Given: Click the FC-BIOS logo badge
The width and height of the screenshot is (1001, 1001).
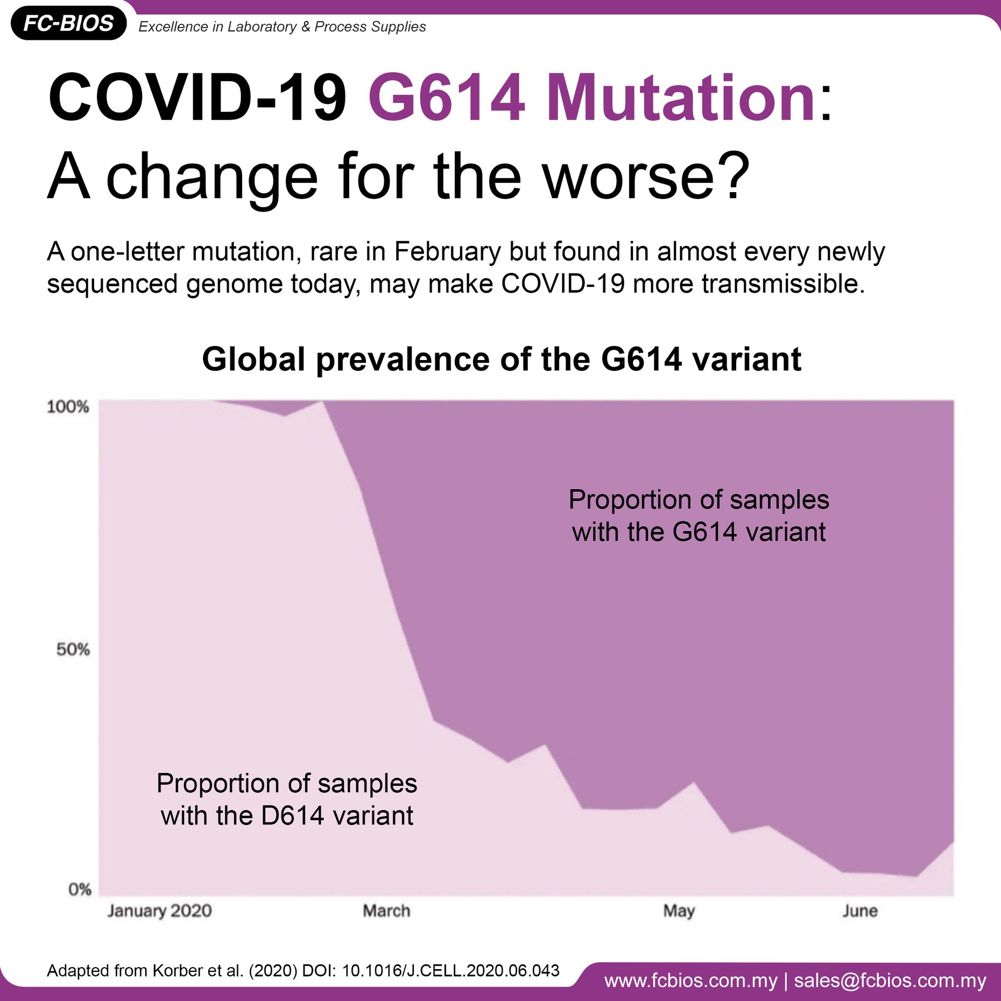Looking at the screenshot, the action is [68, 23].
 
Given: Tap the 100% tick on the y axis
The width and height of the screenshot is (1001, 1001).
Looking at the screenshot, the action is [68, 406].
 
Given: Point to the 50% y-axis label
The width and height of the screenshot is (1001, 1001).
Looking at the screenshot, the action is [73, 650].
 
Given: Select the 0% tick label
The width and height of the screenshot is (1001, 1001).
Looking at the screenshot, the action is [80, 889].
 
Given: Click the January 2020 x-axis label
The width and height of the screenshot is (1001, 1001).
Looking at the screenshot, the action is [160, 911].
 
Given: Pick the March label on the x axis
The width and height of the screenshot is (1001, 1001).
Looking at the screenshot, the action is [386, 911].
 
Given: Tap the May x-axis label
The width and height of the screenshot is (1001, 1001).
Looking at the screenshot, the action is [679, 911].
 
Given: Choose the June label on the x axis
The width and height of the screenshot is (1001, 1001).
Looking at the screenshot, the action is [860, 911].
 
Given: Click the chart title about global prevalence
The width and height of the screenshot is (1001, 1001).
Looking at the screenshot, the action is [502, 359].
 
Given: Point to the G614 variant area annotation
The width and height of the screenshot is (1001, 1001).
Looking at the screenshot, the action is [699, 516].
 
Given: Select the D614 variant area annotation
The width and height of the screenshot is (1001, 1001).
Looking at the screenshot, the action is [287, 799].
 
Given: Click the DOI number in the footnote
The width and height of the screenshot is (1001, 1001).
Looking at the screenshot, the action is [450, 970].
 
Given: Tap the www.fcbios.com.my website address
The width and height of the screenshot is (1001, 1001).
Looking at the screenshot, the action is [691, 981].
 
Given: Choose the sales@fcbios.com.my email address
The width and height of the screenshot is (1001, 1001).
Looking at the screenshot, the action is [890, 981].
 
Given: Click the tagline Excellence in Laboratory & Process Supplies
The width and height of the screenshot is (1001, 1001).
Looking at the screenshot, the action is [282, 26].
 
